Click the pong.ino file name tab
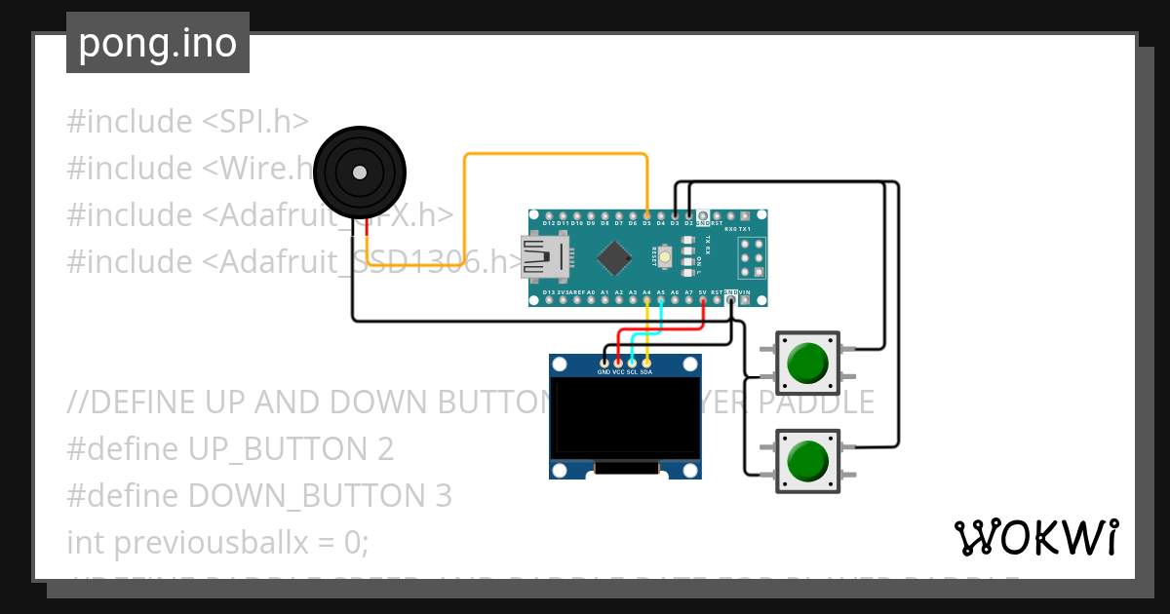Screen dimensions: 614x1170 (x=158, y=44)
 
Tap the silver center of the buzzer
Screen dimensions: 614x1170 (x=360, y=173)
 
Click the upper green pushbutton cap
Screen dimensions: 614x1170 (x=807, y=363)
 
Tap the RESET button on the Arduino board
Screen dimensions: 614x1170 (x=664, y=257)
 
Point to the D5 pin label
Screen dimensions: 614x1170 (x=646, y=223)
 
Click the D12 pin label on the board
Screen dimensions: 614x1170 (x=549, y=223)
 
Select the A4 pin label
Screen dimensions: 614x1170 (x=646, y=291)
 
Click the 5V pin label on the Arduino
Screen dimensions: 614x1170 (x=702, y=291)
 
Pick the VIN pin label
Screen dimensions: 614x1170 (x=745, y=291)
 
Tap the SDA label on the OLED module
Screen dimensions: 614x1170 (x=646, y=372)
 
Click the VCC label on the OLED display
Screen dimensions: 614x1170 (x=618, y=372)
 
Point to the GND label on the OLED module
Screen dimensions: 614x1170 (x=604, y=372)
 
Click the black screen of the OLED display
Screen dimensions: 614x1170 (x=625, y=417)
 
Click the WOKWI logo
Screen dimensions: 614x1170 (x=1035, y=538)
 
